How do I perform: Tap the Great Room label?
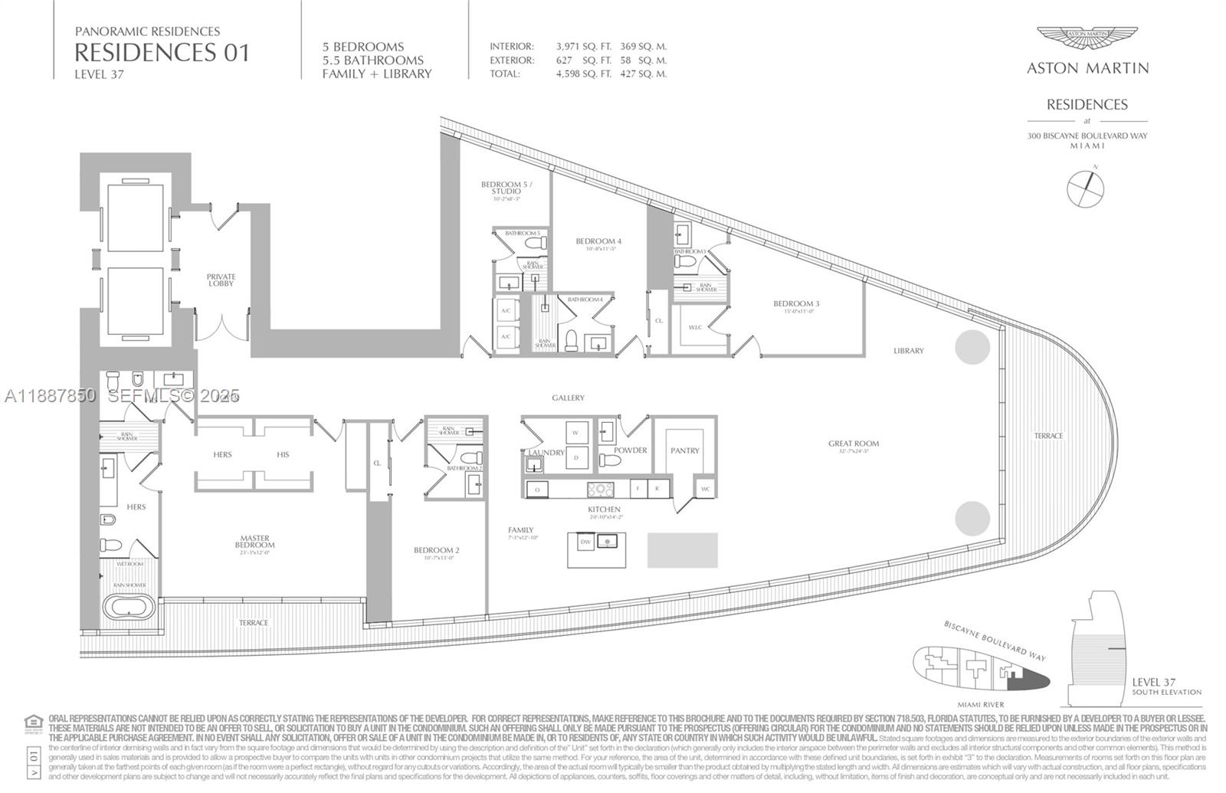pyautogui.click(x=853, y=444)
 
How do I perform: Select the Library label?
pyautogui.click(x=908, y=351)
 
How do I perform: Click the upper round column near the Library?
pyautogui.click(x=972, y=347)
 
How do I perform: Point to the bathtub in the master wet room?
pyautogui.click(x=129, y=609)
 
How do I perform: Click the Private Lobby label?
pyautogui.click(x=221, y=280)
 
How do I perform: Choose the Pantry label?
pyautogui.click(x=684, y=451)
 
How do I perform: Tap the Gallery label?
pyautogui.click(x=568, y=398)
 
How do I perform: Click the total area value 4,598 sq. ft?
pyautogui.click(x=583, y=74)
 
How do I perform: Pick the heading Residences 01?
pyautogui.click(x=162, y=52)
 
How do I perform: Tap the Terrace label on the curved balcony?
pyautogui.click(x=1048, y=436)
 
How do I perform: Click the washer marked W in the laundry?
pyautogui.click(x=575, y=433)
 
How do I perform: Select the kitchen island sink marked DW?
pyautogui.click(x=585, y=542)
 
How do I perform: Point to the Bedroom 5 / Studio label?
pyautogui.click(x=506, y=187)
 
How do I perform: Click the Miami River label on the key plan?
pyautogui.click(x=981, y=704)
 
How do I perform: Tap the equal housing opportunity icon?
pyautogui.click(x=34, y=722)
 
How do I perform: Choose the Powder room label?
pyautogui.click(x=630, y=451)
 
